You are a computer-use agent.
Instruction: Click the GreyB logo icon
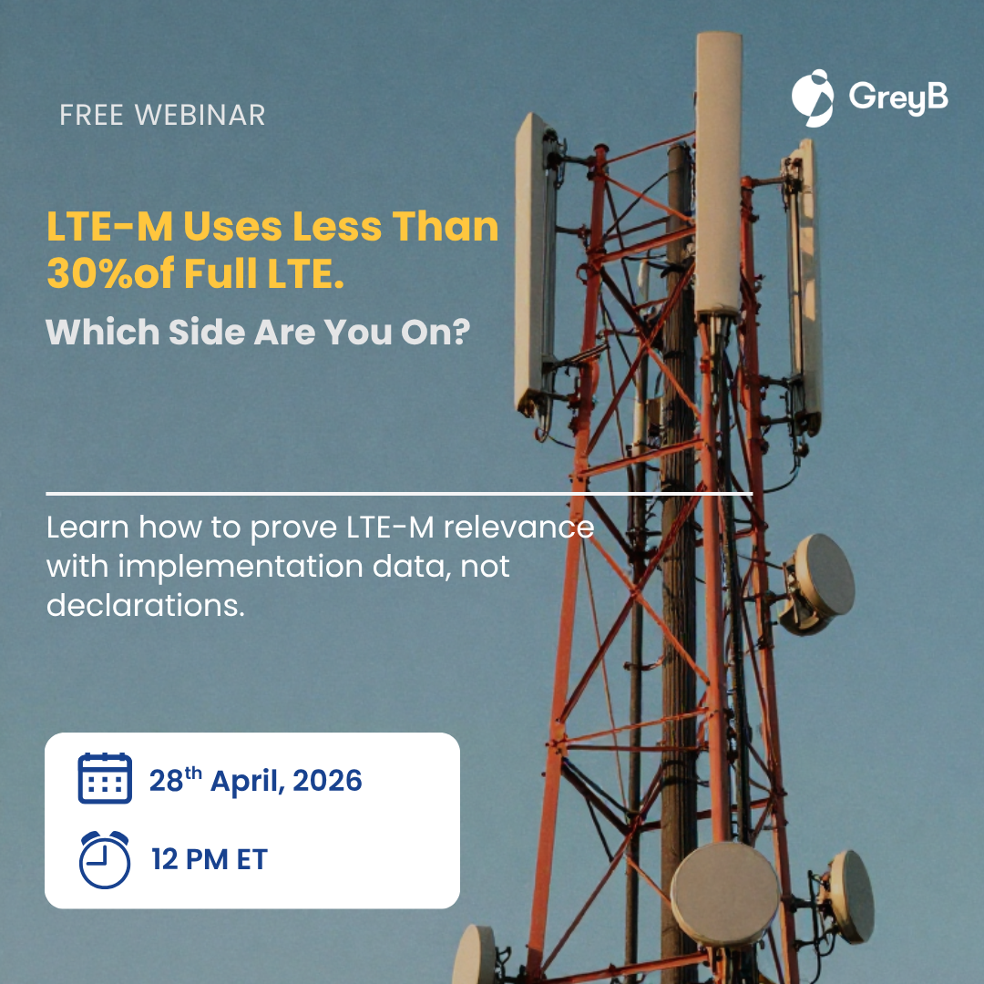coord(813,97)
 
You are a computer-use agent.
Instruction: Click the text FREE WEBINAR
coord(162,115)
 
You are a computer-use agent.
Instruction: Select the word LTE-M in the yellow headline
coord(110,226)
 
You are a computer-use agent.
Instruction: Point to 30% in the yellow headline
coord(90,273)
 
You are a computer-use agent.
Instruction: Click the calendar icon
coord(105,778)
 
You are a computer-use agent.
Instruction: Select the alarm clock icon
coord(105,859)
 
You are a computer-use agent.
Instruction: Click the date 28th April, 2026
coord(255,780)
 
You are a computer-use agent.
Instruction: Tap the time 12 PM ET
coord(210,859)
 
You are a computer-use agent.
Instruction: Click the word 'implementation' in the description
coord(241,567)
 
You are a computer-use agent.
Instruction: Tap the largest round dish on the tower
coord(725,894)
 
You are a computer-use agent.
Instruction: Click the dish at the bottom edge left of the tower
coord(474,955)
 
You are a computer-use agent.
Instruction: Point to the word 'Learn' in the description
coord(87,527)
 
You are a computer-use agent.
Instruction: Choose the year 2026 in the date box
coord(327,781)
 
